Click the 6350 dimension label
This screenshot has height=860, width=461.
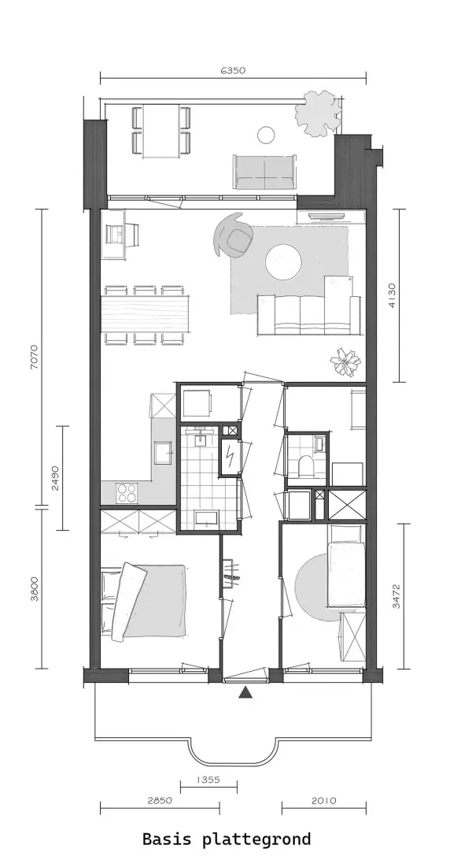tap(233, 70)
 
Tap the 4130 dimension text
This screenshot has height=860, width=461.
tap(392, 295)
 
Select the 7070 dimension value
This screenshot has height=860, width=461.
tap(35, 357)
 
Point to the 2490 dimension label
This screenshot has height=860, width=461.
tap(55, 478)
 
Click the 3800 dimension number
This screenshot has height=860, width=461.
tap(35, 588)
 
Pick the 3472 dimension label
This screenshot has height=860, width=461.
tap(397, 596)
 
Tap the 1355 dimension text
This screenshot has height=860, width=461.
tap(208, 780)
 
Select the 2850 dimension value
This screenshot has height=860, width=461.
tap(160, 800)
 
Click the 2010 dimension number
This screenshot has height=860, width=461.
tap(324, 800)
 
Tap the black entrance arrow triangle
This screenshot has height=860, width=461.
tap(245, 693)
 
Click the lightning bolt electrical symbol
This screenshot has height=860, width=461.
tap(230, 454)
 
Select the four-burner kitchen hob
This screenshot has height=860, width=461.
tap(127, 492)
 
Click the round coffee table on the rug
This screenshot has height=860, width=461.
tap(283, 261)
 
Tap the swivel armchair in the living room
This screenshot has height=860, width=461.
tap(233, 235)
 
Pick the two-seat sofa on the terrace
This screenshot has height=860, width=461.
tap(265, 172)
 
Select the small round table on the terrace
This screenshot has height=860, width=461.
tap(266, 135)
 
